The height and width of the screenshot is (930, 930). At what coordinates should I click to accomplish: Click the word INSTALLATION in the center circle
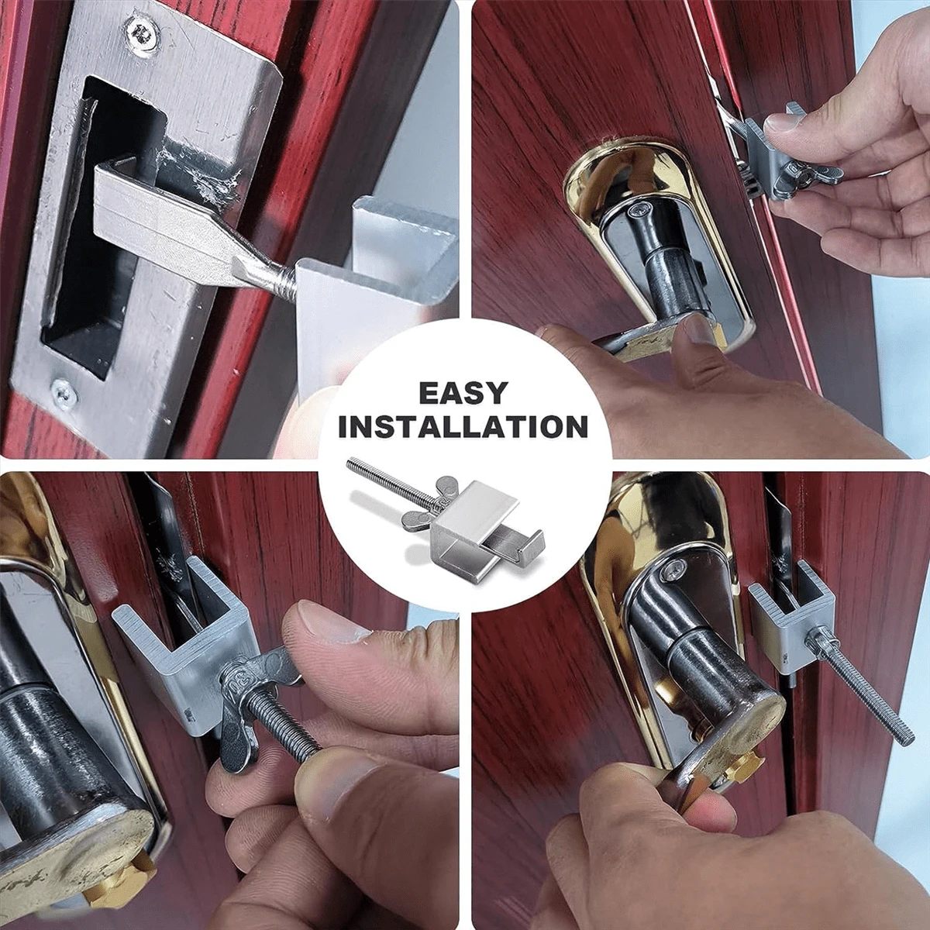[463, 426]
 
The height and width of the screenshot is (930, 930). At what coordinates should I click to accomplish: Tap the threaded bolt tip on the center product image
[350, 465]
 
